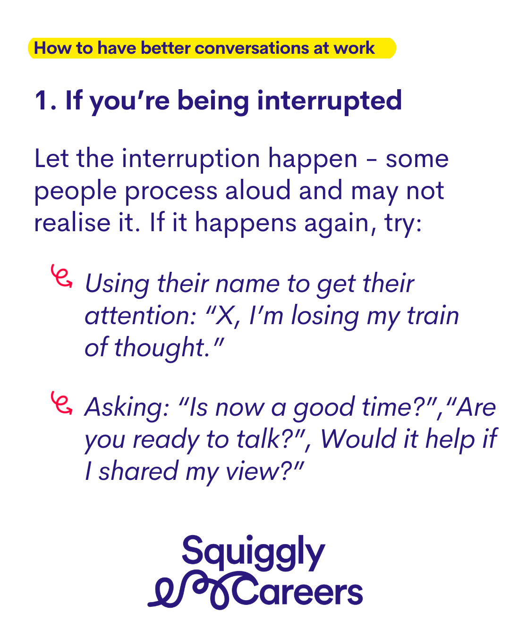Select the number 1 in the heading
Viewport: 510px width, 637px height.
coord(42,101)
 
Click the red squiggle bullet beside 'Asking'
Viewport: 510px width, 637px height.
coord(61,403)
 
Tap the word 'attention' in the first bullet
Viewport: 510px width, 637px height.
coord(140,316)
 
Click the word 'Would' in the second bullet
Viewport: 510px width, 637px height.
coord(359,439)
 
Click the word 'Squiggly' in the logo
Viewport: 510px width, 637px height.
coord(254,554)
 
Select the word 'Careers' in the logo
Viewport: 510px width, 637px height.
coord(297,592)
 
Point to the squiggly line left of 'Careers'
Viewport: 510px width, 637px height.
coord(190,591)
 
